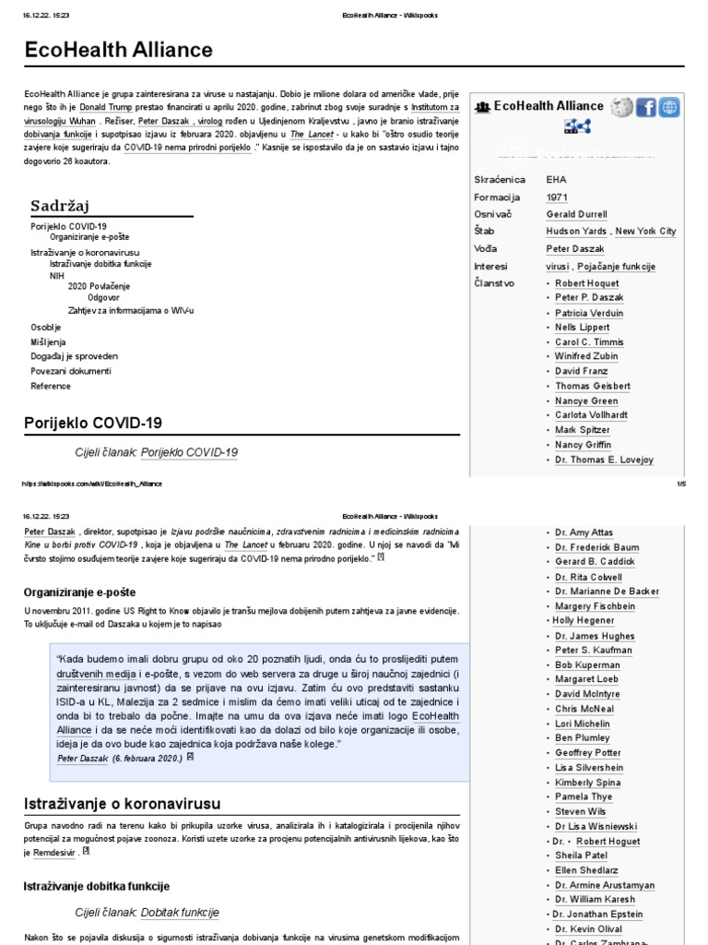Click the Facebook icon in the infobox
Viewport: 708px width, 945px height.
[x=645, y=107]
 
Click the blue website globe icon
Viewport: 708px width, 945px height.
[x=669, y=107]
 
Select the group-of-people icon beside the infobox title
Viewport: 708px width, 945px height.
[x=482, y=107]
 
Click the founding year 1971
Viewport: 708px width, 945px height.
[x=557, y=197]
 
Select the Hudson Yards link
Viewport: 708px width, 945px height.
[x=576, y=232]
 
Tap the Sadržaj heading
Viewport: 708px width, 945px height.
[x=59, y=205]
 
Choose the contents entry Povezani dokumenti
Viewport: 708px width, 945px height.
[x=71, y=371]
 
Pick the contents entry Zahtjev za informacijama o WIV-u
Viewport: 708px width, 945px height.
[x=131, y=310]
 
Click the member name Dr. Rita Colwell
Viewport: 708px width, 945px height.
[x=589, y=578]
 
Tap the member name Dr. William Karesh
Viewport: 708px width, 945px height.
[x=596, y=899]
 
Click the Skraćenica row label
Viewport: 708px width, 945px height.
[x=500, y=180]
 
